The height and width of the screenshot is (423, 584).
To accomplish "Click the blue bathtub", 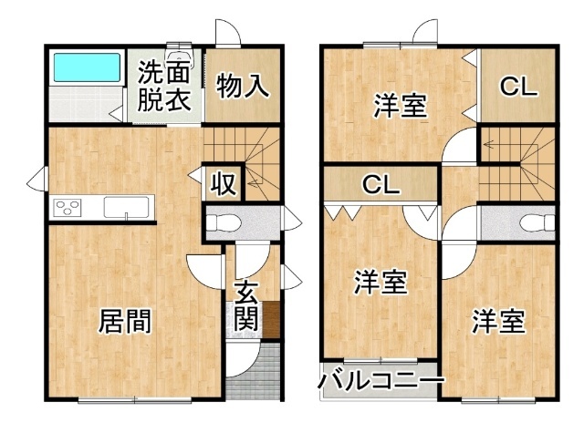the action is pos(88,67).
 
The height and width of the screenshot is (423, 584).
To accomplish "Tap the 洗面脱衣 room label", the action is pos(164,86).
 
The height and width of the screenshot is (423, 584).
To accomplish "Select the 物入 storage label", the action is pos(243,87).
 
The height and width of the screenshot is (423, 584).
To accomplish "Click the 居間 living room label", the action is pos(125,322).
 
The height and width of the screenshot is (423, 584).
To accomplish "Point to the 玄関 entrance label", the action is pos(246,306).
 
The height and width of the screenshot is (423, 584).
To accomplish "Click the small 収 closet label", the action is pos(223,184).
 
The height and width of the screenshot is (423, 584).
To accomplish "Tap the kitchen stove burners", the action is pos(68,208).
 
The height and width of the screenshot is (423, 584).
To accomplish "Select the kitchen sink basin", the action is pos(126,207).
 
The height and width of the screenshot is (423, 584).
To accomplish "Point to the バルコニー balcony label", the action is pos(381,380).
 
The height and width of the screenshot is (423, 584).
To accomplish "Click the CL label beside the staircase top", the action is pos(518,87).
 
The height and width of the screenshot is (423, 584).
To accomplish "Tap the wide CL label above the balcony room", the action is pos(381,184).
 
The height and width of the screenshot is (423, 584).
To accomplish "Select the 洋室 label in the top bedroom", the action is pos(401,106).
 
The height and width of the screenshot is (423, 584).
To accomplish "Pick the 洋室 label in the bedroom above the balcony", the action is pos(381,283).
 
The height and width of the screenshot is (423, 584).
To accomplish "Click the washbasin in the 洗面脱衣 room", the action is pos(180,55).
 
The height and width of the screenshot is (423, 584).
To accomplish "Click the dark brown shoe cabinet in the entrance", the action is pos(272,320).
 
